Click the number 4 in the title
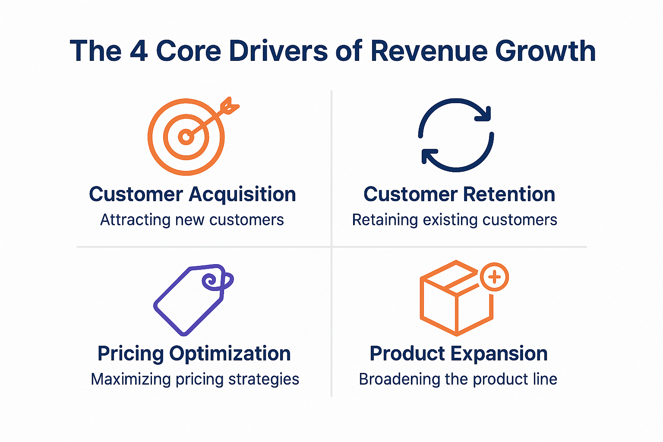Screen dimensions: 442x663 click(139, 51)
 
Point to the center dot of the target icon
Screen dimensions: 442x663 click(186, 137)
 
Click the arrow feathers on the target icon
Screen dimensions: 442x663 click(230, 105)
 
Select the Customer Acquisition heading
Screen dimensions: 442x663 click(193, 194)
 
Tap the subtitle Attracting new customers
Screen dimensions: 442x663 click(192, 220)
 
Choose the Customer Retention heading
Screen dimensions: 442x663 click(459, 194)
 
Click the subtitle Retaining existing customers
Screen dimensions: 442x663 click(455, 220)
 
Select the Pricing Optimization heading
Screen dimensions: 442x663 click(194, 354)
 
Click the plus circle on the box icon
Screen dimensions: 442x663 click(495, 277)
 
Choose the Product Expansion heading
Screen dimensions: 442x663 click(459, 354)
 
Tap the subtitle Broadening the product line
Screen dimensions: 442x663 click(458, 379)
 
